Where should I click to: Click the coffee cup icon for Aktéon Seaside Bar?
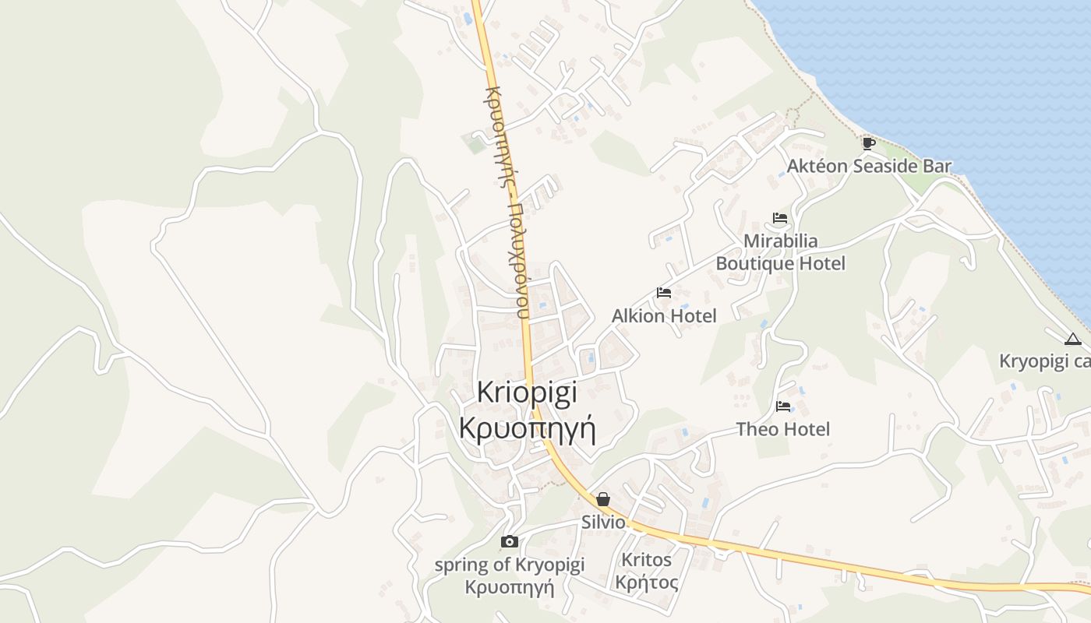pyautogui.click(x=869, y=143)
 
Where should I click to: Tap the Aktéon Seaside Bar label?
pyautogui.click(x=869, y=166)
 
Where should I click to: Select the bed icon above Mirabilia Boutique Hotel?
pyautogui.click(x=780, y=218)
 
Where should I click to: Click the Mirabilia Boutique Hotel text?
pyautogui.click(x=780, y=252)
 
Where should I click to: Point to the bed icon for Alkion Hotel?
pyautogui.click(x=664, y=293)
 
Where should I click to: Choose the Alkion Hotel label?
pyautogui.click(x=664, y=315)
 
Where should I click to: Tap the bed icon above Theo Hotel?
pyautogui.click(x=783, y=407)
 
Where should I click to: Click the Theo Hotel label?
pyautogui.click(x=783, y=429)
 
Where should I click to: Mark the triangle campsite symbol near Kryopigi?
pyautogui.click(x=1073, y=339)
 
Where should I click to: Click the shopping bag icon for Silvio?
pyautogui.click(x=603, y=499)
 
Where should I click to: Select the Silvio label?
pyautogui.click(x=603, y=522)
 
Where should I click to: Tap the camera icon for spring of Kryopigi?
pyautogui.click(x=510, y=541)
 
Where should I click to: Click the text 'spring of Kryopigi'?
pyautogui.click(x=510, y=565)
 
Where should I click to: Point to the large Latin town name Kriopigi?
pyautogui.click(x=528, y=392)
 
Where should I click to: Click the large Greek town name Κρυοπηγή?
pyautogui.click(x=528, y=429)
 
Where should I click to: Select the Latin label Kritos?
pyautogui.click(x=646, y=559)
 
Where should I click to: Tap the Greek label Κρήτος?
pyautogui.click(x=646, y=582)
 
